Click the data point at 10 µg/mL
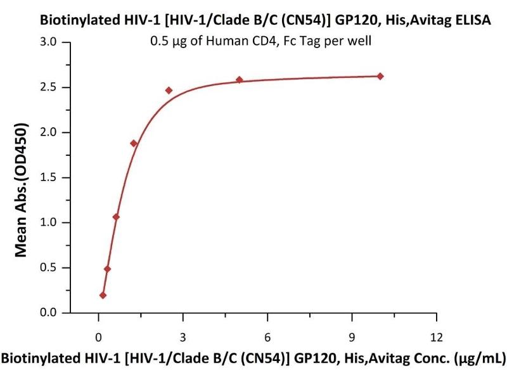click(x=380, y=76)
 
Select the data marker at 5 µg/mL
click(x=240, y=80)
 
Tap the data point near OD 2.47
click(x=169, y=90)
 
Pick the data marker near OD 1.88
click(x=134, y=143)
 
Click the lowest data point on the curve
click(x=103, y=295)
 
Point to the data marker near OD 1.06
click(x=116, y=217)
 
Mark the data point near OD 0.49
click(x=107, y=269)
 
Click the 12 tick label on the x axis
click(x=436, y=336)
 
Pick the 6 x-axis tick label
click(x=267, y=336)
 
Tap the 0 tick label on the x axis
click(x=98, y=336)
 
